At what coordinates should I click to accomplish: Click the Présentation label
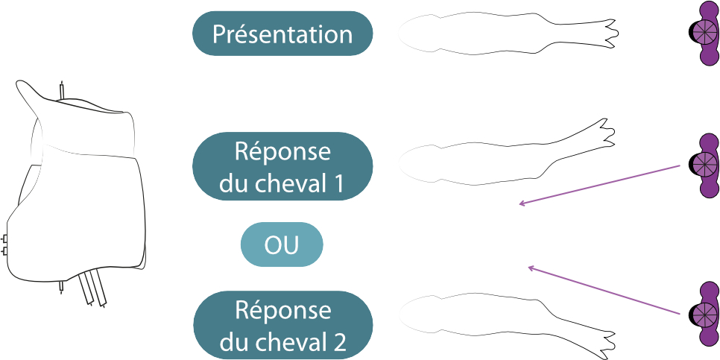click(282, 34)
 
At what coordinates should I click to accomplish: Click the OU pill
click(282, 244)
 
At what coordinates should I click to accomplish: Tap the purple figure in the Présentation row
click(704, 34)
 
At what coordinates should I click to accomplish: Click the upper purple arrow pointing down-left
click(600, 184)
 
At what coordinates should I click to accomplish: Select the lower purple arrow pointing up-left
click(604, 290)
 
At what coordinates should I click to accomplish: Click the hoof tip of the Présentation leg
click(613, 31)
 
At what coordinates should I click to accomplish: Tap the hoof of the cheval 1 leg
click(607, 131)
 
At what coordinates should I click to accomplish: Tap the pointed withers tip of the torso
click(21, 84)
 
